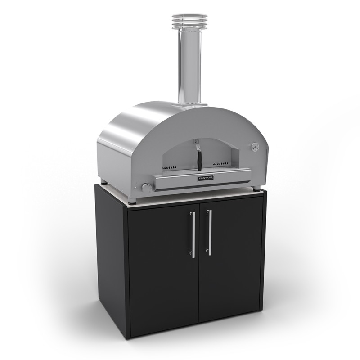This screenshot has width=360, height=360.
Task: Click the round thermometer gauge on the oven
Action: [x=255, y=147]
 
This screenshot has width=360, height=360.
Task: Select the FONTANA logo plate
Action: [x=206, y=179]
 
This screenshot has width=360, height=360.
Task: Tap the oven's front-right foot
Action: [x=256, y=189]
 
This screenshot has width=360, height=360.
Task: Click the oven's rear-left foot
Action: [x=104, y=183]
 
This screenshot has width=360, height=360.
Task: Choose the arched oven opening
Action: [x=202, y=153]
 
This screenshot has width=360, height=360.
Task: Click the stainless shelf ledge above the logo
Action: [x=202, y=172]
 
